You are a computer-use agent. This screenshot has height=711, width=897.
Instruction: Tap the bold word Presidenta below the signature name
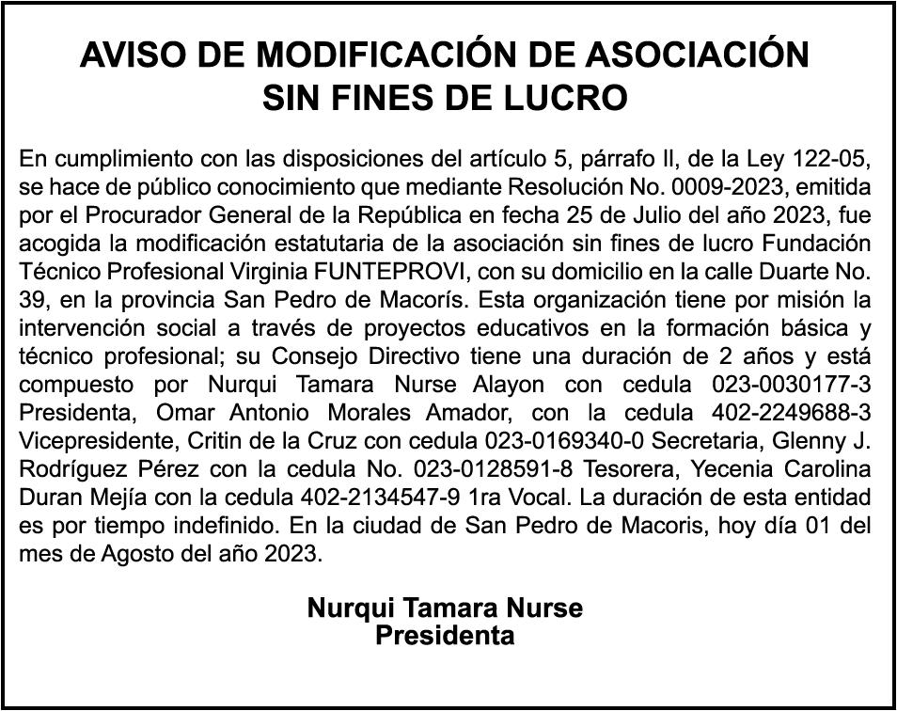[445, 636]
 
